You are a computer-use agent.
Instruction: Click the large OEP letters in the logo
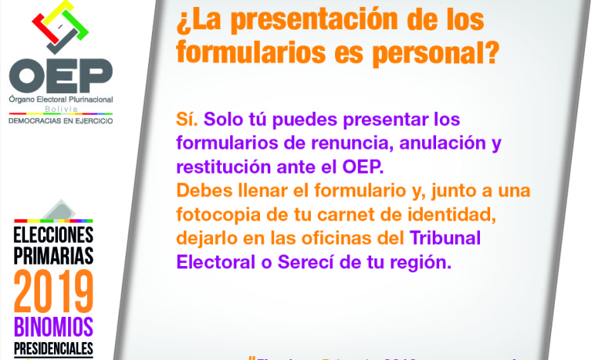click(x=60, y=75)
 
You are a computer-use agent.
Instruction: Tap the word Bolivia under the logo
click(x=60, y=110)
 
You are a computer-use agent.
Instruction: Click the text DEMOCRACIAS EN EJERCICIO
click(x=60, y=121)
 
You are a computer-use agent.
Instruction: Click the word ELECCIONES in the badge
click(x=53, y=235)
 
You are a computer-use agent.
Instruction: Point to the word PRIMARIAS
click(x=53, y=255)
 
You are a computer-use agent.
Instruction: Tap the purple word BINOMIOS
click(x=53, y=326)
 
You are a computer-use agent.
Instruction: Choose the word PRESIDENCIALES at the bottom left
click(x=53, y=348)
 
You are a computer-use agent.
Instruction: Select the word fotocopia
click(x=217, y=214)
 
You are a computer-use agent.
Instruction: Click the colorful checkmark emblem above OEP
click(x=60, y=31)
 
